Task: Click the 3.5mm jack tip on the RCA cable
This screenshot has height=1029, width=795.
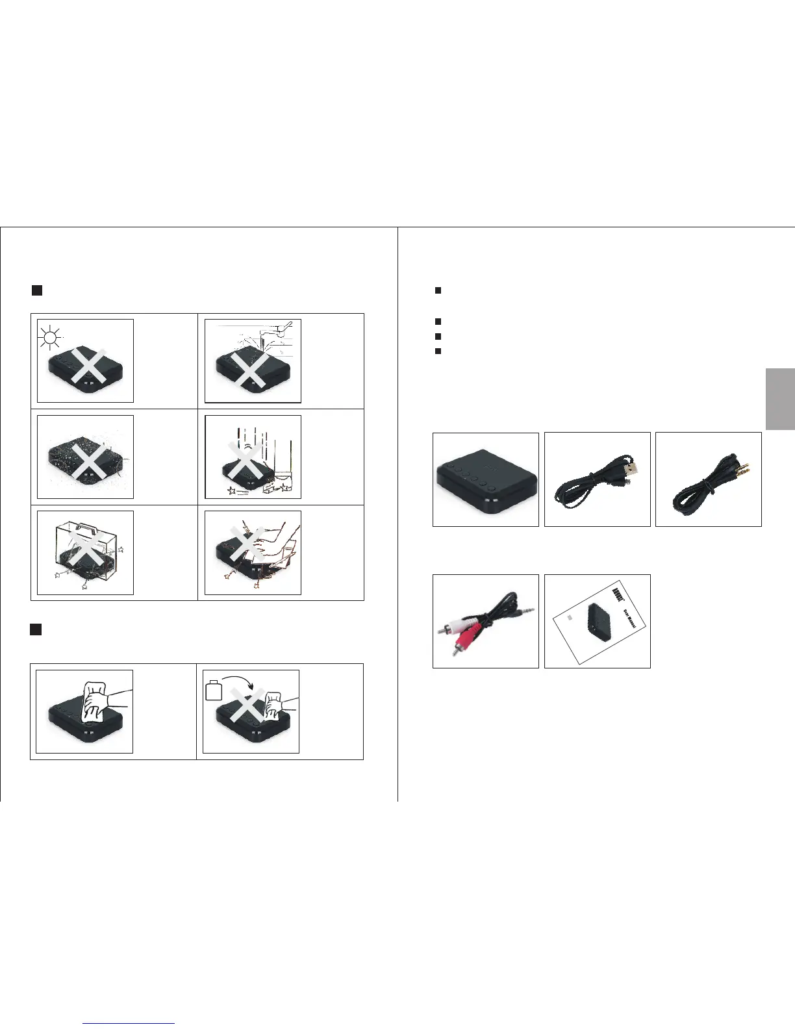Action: (x=529, y=609)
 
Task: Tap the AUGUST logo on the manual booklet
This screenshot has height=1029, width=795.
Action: (x=618, y=592)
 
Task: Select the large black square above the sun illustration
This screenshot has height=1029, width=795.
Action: (x=37, y=290)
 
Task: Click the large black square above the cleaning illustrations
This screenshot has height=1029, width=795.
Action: (x=36, y=629)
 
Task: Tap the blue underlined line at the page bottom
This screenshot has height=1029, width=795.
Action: (x=129, y=1024)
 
